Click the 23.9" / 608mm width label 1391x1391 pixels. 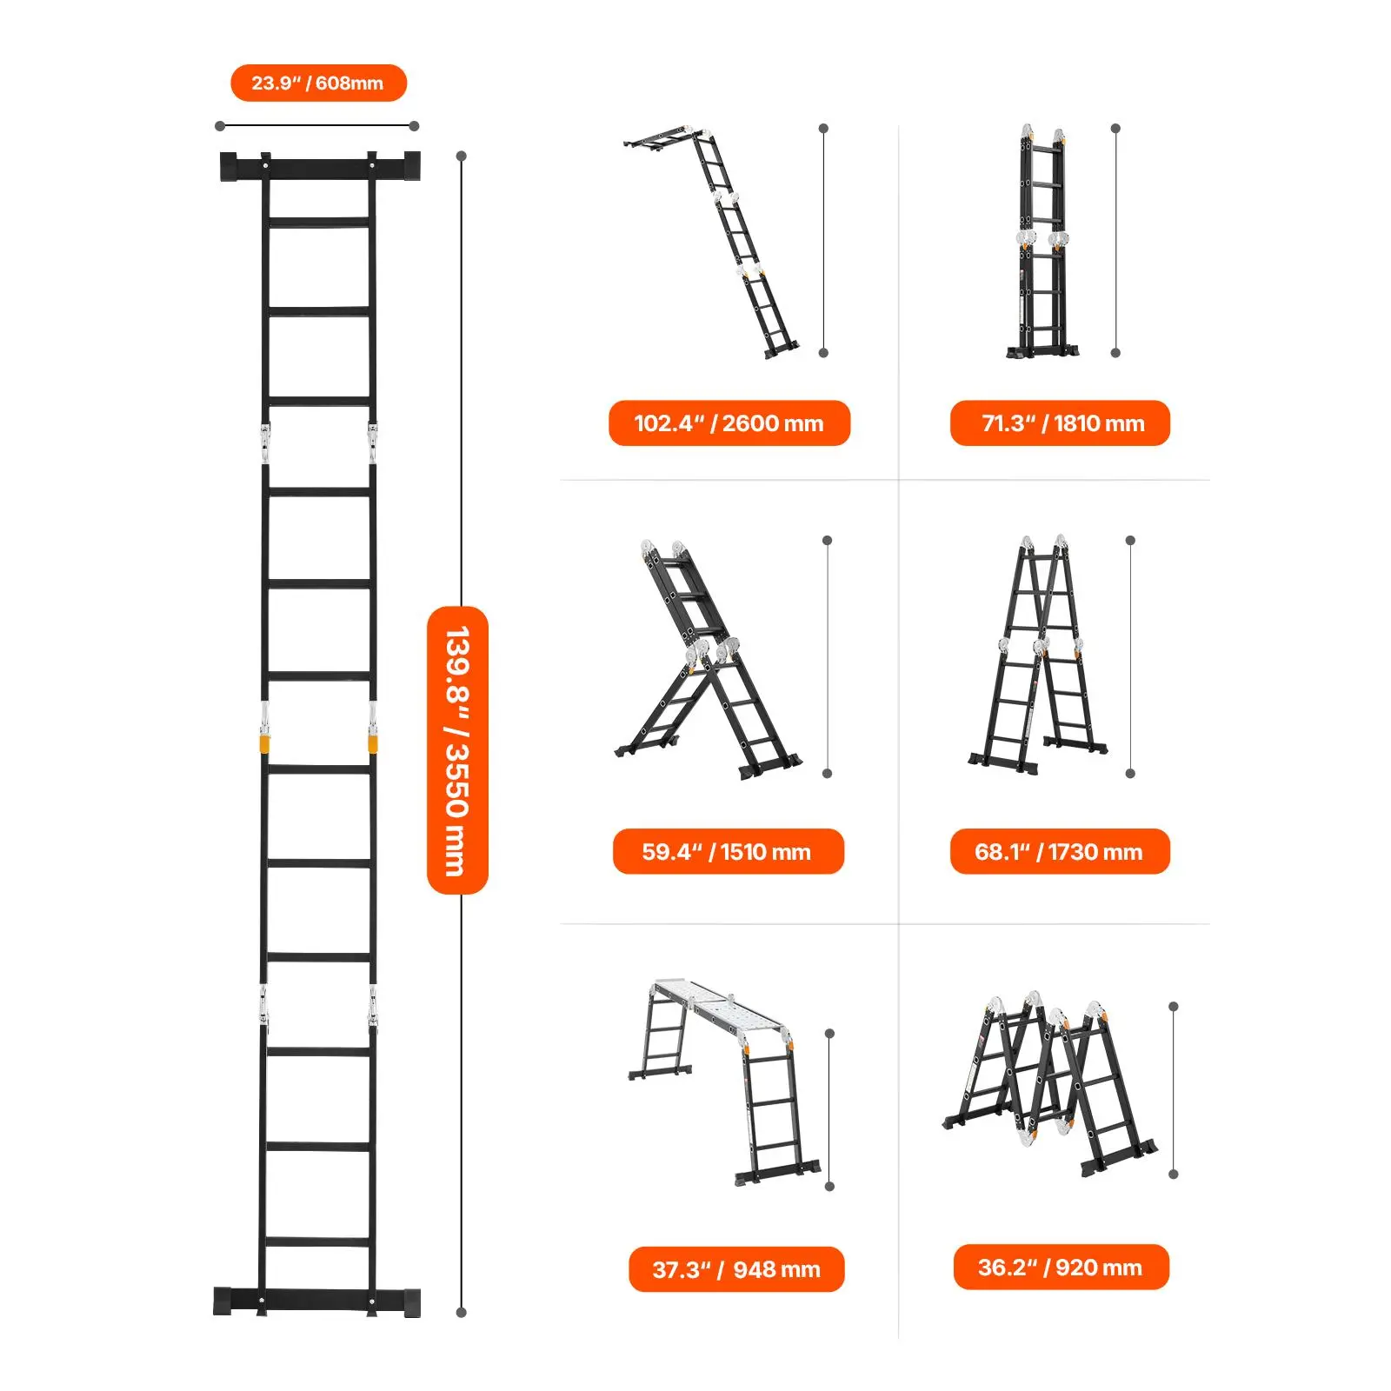[318, 83]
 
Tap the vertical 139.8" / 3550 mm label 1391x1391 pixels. [457, 750]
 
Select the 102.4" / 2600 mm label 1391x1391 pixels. [729, 423]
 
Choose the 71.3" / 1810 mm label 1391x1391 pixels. [1060, 423]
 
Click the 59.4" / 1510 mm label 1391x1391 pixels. [728, 851]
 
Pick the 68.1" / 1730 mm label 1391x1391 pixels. [1060, 851]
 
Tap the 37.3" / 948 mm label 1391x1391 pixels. [736, 1269]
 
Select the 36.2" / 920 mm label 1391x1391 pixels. [1061, 1267]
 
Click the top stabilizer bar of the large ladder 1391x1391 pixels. [320, 166]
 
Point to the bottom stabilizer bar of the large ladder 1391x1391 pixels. [317, 1301]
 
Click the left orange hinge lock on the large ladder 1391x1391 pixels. [264, 744]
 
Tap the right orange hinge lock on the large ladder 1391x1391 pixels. [373, 744]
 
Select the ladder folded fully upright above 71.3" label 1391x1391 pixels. [1042, 242]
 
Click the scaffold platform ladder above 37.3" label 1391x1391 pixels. [725, 1082]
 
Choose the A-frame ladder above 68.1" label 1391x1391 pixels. [1039, 654]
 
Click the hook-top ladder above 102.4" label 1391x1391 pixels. [713, 243]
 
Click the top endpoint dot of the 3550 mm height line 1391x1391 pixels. [462, 156]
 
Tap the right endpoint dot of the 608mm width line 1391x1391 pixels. [415, 126]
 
